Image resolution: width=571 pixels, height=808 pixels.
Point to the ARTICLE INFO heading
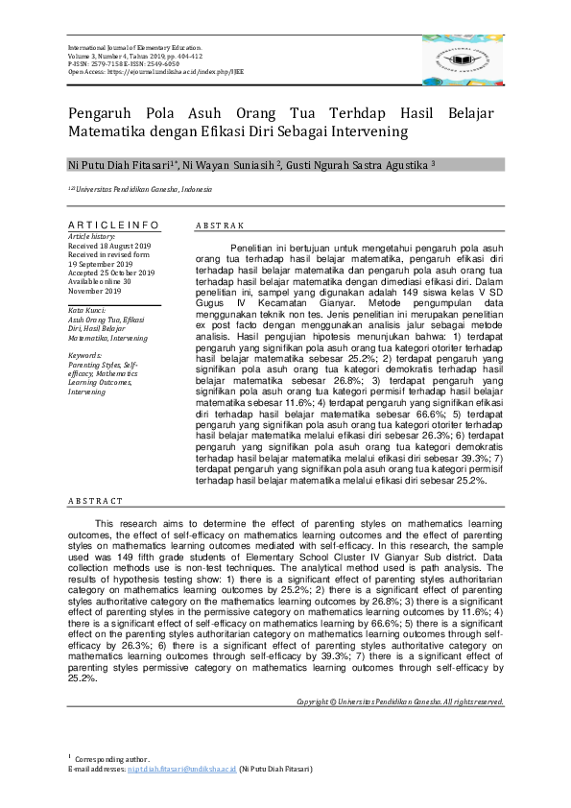click(113, 225)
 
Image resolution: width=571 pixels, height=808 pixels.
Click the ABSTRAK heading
click(220, 226)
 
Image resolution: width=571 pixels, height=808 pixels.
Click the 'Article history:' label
click(92, 236)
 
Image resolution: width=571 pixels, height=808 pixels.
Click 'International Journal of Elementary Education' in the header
click(134, 47)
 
